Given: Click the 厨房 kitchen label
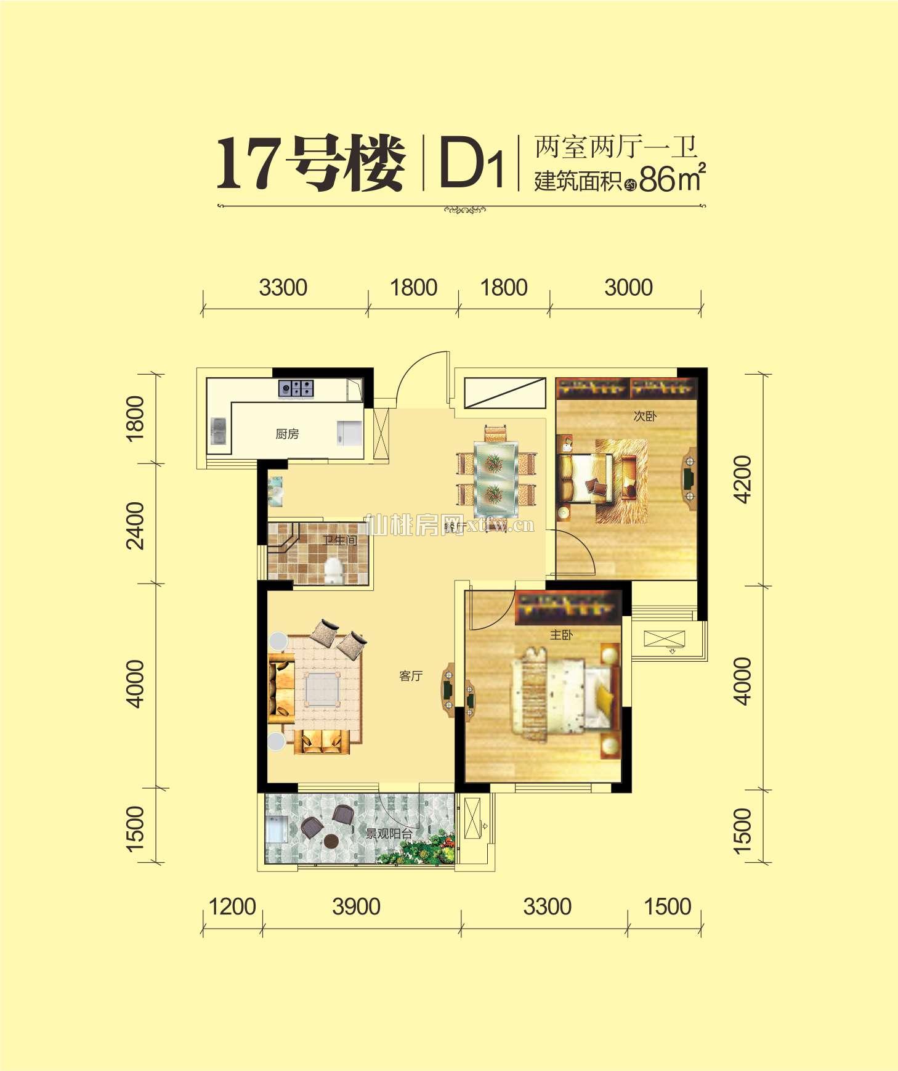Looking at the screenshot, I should tap(287, 434).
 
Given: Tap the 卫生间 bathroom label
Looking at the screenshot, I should tap(339, 540).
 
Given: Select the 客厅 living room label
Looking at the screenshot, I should tap(411, 676).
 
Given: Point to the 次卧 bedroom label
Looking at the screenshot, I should tap(645, 417).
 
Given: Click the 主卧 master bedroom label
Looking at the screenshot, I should tap(561, 635).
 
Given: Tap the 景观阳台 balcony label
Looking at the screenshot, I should tap(389, 834).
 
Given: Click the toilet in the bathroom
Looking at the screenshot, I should tap(333, 569).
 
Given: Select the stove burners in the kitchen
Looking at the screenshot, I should tap(296, 388).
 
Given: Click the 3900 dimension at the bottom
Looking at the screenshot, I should tap(356, 907).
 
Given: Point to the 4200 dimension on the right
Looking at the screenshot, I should tap(743, 479).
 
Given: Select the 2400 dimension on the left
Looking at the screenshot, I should tap(135, 525).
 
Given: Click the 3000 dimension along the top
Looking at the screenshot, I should tap(628, 288).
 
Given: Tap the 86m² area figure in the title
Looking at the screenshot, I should tap(671, 179).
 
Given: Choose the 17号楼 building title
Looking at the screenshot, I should tap(311, 164).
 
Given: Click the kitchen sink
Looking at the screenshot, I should tap(218, 431).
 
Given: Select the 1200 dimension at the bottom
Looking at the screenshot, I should tap(232, 907).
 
